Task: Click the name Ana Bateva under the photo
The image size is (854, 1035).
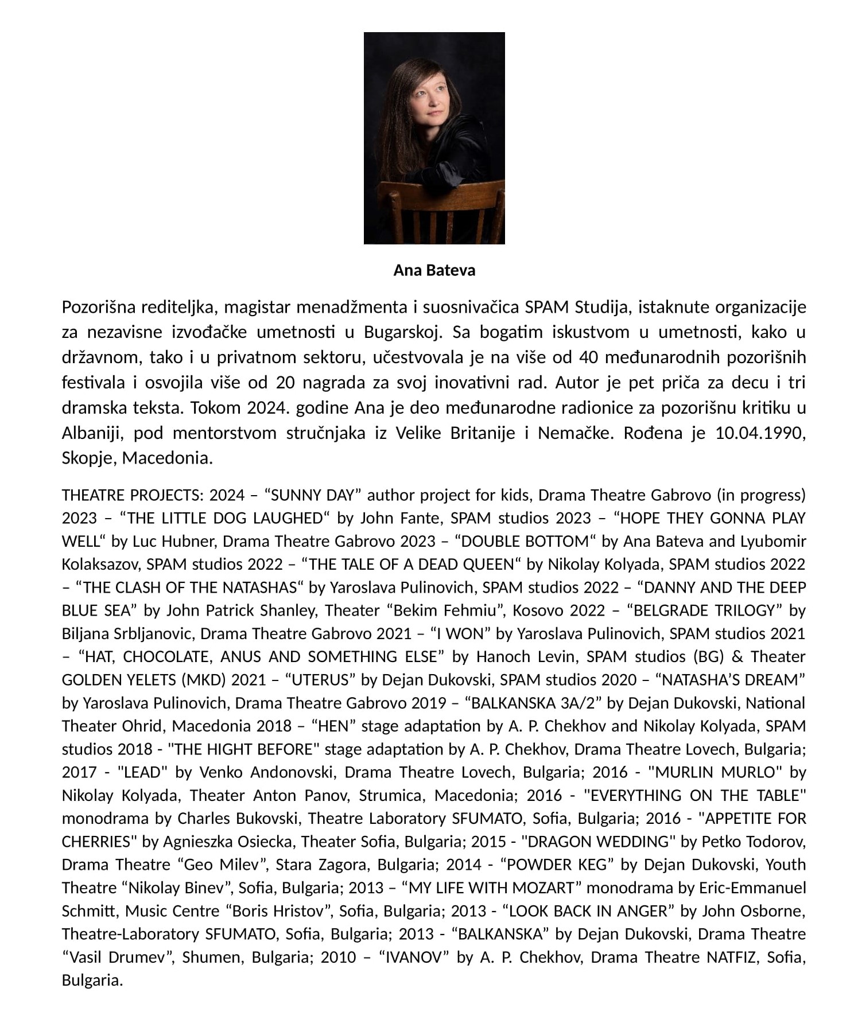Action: coord(434,270)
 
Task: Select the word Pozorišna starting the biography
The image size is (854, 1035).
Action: coord(98,307)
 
